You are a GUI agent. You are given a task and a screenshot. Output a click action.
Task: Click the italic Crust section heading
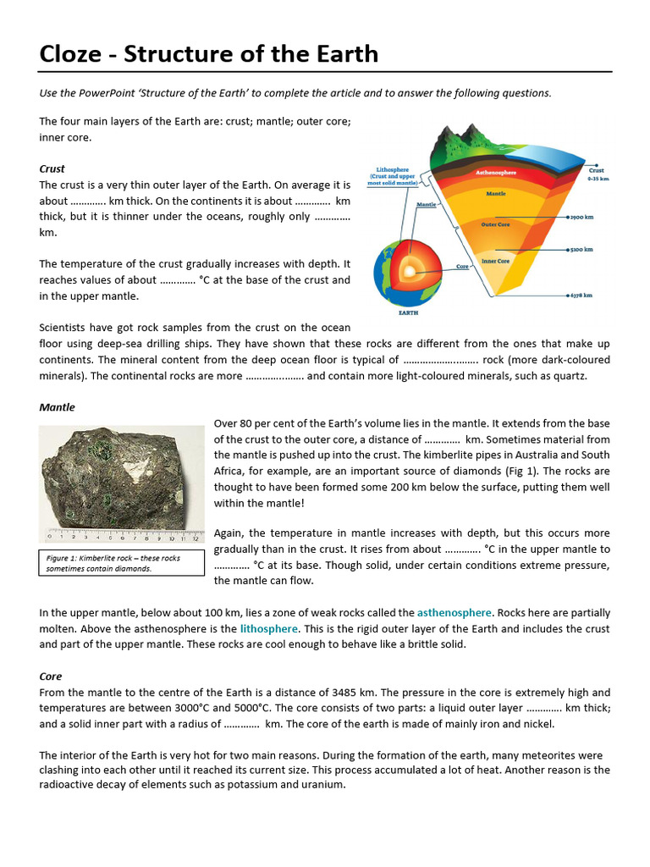(x=52, y=168)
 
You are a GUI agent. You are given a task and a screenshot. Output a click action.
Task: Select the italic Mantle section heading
(x=57, y=407)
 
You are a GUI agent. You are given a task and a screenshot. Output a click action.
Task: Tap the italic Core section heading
(x=50, y=676)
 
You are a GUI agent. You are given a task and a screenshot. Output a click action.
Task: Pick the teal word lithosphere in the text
(x=268, y=628)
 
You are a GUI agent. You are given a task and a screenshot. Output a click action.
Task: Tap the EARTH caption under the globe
(x=408, y=312)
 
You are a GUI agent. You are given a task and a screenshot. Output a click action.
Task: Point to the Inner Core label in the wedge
(x=494, y=261)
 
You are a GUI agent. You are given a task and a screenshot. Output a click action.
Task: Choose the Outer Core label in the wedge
(x=495, y=224)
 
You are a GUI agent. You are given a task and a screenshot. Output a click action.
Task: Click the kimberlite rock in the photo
(x=121, y=478)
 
